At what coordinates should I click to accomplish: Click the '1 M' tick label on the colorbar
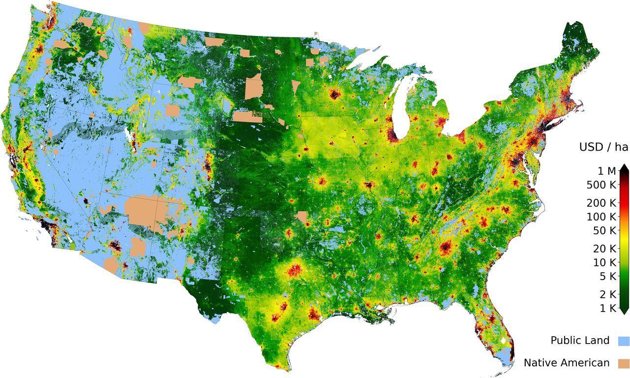pyautogui.click(x=604, y=171)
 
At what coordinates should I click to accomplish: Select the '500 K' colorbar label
pyautogui.click(x=599, y=185)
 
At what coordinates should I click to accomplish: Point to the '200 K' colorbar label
pyautogui.click(x=599, y=203)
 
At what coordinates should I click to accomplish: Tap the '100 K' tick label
pyautogui.click(x=599, y=217)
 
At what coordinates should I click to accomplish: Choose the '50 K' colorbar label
pyautogui.click(x=601, y=230)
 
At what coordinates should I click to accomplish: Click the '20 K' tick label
pyautogui.click(x=601, y=249)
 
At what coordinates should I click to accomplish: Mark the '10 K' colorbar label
pyautogui.click(x=601, y=262)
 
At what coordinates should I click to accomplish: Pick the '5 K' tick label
pyautogui.click(x=604, y=276)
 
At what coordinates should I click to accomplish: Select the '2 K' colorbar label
pyautogui.click(x=604, y=294)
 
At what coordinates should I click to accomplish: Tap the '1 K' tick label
pyautogui.click(x=604, y=308)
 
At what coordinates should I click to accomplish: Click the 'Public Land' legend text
pyautogui.click(x=580, y=341)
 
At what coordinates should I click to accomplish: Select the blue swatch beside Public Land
pyautogui.click(x=624, y=341)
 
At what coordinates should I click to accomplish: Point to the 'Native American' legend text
pyautogui.click(x=567, y=363)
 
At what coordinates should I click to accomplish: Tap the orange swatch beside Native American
pyautogui.click(x=624, y=364)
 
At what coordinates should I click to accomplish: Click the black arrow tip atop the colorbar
pyautogui.click(x=624, y=168)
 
